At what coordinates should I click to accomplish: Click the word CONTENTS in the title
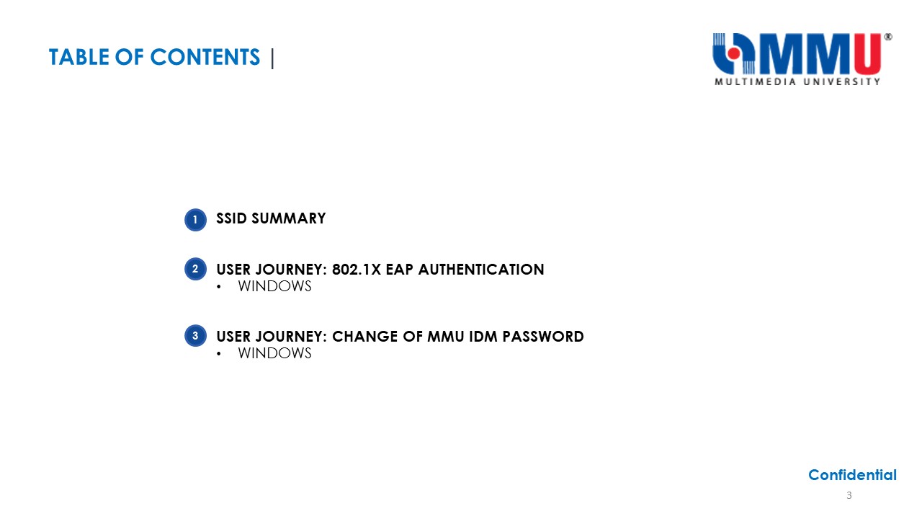(205, 57)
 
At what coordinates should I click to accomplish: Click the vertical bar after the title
(272, 58)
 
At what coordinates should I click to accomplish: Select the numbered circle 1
(195, 220)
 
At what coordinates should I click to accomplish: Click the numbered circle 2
(195, 269)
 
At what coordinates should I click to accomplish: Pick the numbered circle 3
(195, 336)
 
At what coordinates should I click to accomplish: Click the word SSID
(231, 218)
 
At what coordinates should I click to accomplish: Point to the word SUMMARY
(289, 218)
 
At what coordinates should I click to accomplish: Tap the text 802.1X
(357, 270)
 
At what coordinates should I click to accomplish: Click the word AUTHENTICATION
(481, 270)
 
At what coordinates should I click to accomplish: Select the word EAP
(399, 270)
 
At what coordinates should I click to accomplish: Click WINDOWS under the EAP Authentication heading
(274, 286)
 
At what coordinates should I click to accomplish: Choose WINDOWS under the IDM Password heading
(274, 353)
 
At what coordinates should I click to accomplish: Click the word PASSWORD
(543, 337)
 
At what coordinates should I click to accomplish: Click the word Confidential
(852, 475)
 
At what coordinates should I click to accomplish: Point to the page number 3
(849, 495)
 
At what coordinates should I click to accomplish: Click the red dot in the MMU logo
(733, 53)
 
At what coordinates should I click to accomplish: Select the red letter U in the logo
(867, 53)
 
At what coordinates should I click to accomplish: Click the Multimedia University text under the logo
(797, 81)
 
